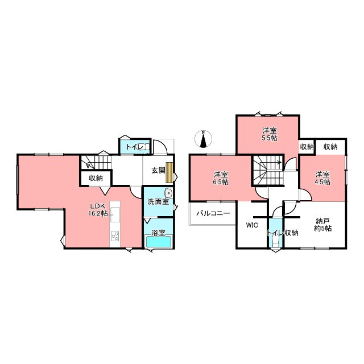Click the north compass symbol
pyautogui.click(x=203, y=139)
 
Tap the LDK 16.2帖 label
pyautogui.click(x=98, y=210)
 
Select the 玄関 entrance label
pyautogui.click(x=158, y=171)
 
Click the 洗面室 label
pyautogui.click(x=158, y=202)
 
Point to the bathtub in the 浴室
pyautogui.click(x=158, y=242)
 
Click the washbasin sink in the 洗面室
pyautogui.click(x=168, y=193)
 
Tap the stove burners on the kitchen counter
pyautogui.click(x=115, y=236)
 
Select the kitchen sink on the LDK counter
pyautogui.click(x=115, y=214)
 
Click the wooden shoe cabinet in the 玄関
pyautogui.click(x=169, y=172)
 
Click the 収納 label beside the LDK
pyautogui.click(x=96, y=178)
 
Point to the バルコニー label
pyautogui.click(x=213, y=213)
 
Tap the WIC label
pyautogui.click(x=252, y=225)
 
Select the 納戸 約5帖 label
pyautogui.click(x=322, y=225)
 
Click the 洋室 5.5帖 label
pyautogui.click(x=270, y=134)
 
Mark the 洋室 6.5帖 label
pyautogui.click(x=221, y=178)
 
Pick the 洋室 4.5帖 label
pyautogui.click(x=322, y=178)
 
